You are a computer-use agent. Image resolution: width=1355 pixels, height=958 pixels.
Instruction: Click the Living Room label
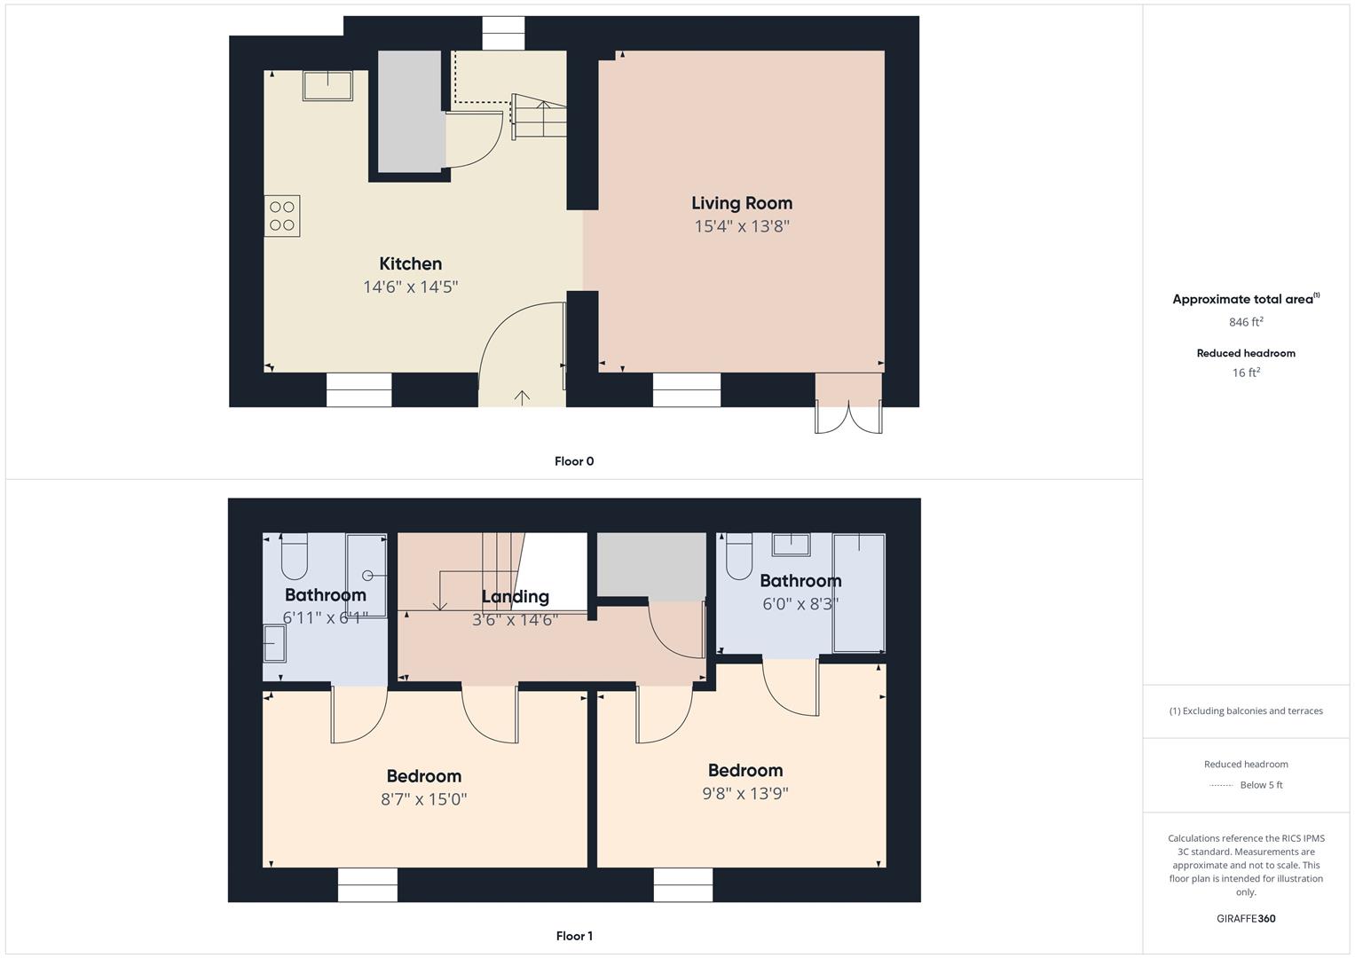[x=742, y=203]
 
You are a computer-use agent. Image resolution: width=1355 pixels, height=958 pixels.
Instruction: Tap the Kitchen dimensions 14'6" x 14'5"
[x=411, y=287]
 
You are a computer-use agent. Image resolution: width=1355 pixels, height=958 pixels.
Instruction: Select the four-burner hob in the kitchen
[x=282, y=216]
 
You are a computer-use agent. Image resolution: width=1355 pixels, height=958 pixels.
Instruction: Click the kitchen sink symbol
[x=327, y=86]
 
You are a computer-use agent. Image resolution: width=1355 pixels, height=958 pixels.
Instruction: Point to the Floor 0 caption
[x=574, y=461]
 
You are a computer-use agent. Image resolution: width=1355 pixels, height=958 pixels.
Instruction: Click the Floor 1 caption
[x=574, y=936]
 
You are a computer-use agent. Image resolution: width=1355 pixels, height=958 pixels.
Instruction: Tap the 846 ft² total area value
[x=1246, y=322]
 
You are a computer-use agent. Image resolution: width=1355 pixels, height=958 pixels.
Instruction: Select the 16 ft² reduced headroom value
[x=1246, y=373]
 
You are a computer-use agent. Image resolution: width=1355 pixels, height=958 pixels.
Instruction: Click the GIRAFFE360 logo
[x=1246, y=918]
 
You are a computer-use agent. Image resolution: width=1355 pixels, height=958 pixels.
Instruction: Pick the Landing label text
[x=516, y=597]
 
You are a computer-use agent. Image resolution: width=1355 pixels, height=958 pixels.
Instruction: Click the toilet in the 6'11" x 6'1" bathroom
[x=295, y=556]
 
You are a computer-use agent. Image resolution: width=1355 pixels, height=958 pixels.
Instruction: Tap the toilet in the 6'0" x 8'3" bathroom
[x=738, y=556]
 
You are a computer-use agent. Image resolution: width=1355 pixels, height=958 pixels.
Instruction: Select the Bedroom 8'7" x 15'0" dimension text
[x=424, y=799]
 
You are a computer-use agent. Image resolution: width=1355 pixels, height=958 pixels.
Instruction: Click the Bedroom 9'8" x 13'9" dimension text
[x=745, y=794]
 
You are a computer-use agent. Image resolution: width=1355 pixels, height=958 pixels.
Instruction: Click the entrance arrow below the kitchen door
[x=522, y=397]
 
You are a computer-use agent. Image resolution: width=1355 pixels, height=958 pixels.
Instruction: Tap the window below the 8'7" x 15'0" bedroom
[x=367, y=885]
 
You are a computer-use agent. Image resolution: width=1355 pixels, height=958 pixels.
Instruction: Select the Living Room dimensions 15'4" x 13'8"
[x=742, y=226]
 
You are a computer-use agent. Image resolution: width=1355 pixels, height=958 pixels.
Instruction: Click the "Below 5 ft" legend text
[x=1261, y=784]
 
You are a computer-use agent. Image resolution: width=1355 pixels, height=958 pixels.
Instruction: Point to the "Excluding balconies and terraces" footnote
[x=1246, y=711]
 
